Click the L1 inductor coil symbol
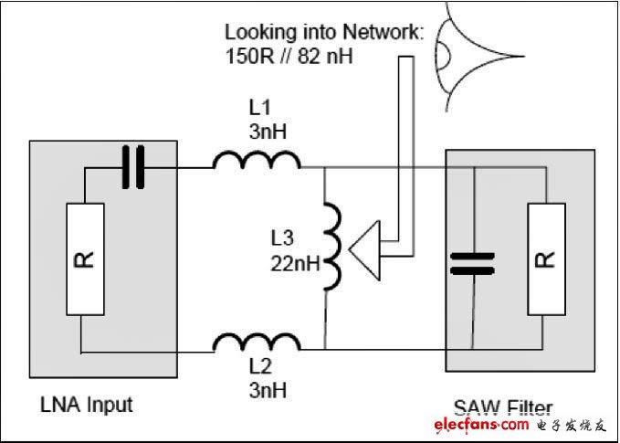(257, 160)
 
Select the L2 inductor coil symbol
(257, 343)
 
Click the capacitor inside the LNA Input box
(133, 167)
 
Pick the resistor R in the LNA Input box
(85, 259)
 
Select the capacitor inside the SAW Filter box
(472, 263)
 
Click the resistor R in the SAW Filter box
(546, 259)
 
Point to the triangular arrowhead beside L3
(364, 250)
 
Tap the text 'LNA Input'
(87, 405)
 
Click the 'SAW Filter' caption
(502, 408)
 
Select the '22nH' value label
(295, 264)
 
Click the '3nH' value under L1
(268, 132)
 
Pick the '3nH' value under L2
(268, 391)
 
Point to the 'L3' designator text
(282, 238)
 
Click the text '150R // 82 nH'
(289, 57)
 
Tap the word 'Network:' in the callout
(383, 32)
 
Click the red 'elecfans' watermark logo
(481, 425)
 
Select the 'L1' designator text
(260, 107)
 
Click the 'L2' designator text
(260, 366)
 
